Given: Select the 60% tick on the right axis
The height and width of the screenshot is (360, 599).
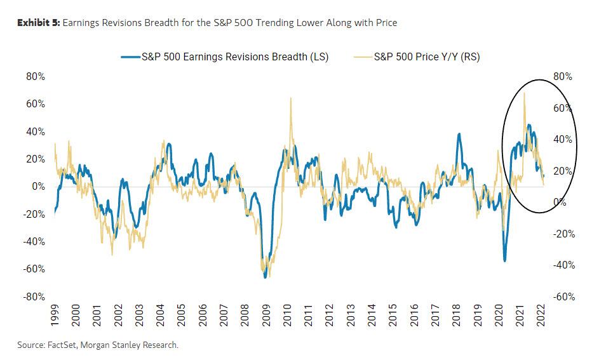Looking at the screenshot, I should pyautogui.click(x=563, y=108).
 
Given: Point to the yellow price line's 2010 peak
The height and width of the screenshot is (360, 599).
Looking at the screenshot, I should pyautogui.click(x=291, y=98).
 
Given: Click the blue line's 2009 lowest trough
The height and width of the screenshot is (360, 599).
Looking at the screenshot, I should pyautogui.click(x=265, y=277).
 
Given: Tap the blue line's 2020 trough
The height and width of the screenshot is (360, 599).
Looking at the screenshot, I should pyautogui.click(x=504, y=260).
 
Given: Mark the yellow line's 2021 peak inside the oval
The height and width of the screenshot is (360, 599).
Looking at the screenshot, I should pyautogui.click(x=524, y=93).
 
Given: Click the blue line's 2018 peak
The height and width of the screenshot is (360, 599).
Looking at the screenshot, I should pyautogui.click(x=459, y=134).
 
